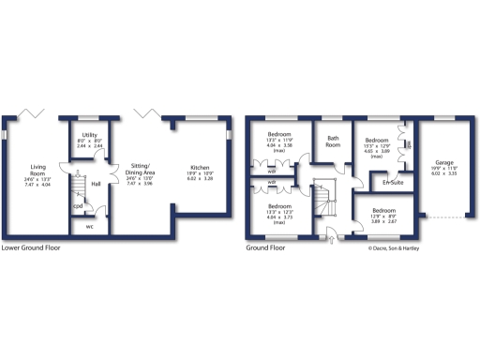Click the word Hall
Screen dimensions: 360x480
(96, 184)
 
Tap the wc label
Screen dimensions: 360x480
(90, 226)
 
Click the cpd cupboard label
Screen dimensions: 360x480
(78, 206)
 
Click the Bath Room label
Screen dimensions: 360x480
(333, 142)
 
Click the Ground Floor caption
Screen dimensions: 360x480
(265, 249)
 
